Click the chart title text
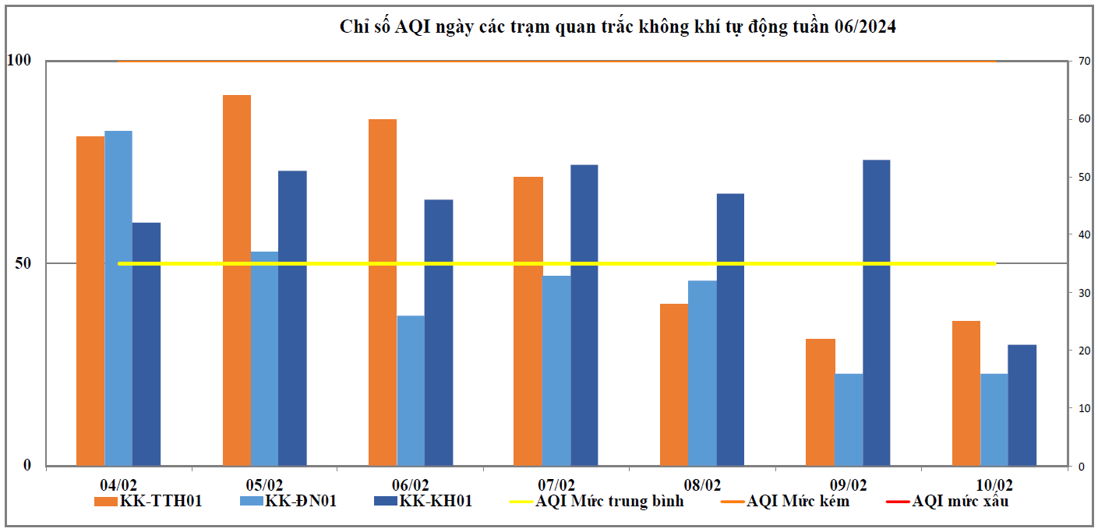(x=618, y=27)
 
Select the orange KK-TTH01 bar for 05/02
(x=237, y=280)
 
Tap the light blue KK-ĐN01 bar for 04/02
(x=118, y=298)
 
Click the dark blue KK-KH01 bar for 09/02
(x=877, y=312)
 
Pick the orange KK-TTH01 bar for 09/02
(x=820, y=402)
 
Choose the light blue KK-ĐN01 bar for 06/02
(x=411, y=390)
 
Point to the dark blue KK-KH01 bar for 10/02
(x=1022, y=405)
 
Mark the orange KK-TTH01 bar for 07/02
(x=528, y=321)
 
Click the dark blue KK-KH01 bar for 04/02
(x=147, y=344)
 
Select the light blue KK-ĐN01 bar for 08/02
(x=702, y=373)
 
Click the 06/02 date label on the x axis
(x=410, y=484)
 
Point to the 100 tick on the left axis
(x=18, y=61)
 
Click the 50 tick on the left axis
(x=23, y=263)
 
